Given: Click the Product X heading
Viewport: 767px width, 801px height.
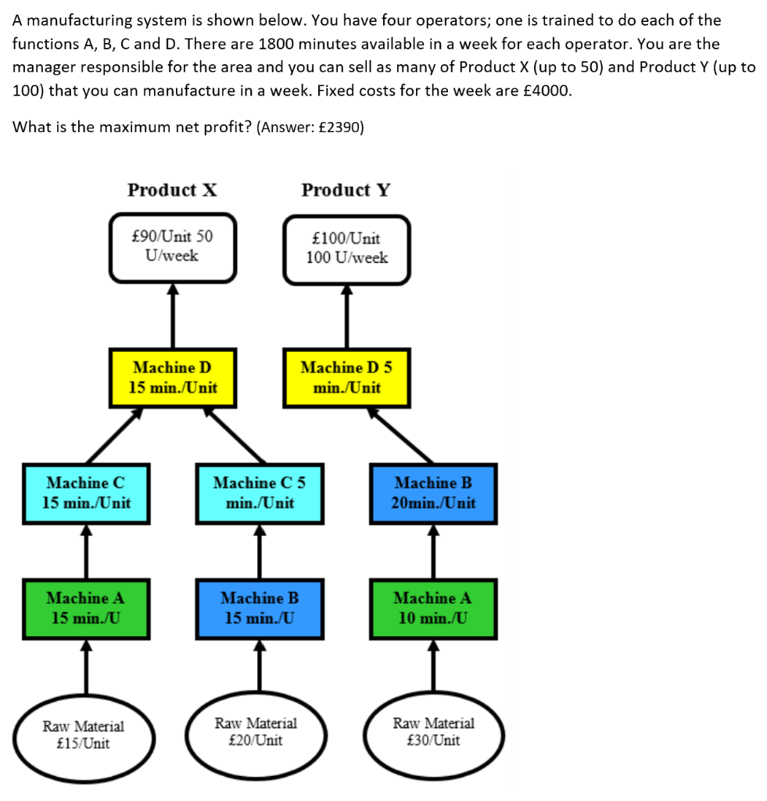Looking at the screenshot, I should click(173, 190).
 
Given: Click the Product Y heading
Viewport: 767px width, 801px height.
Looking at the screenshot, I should click(346, 190).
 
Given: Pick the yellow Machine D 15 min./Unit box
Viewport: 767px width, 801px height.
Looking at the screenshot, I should click(173, 377).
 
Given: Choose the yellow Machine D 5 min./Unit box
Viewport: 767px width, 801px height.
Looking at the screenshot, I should click(346, 377).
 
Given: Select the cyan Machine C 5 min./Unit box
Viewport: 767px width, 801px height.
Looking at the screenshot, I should click(260, 493).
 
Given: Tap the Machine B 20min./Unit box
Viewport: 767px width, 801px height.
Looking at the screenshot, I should click(433, 493).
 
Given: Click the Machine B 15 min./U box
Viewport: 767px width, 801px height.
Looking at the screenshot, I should click(260, 609).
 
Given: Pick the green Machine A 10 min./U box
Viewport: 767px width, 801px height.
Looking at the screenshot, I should click(433, 609).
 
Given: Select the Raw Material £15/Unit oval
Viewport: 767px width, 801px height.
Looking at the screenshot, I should click(83, 735).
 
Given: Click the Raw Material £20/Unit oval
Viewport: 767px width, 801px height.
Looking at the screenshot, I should click(256, 733).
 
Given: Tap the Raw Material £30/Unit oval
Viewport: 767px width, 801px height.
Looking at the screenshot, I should click(433, 732).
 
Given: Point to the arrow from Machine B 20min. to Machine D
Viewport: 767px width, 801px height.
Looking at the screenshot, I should click(403, 435).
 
